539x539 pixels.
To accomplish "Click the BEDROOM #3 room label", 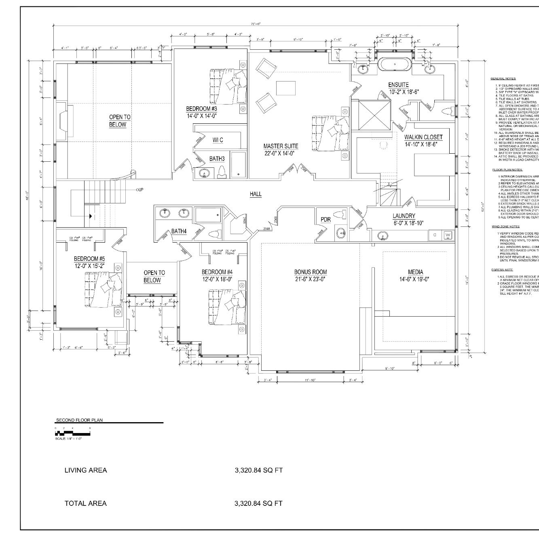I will [x=201, y=109].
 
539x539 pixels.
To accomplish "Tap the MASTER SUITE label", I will [x=281, y=146].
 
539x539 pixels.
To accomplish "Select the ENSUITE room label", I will [x=398, y=85].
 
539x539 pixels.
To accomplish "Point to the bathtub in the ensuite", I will [x=394, y=65].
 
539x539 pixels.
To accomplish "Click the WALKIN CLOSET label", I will [x=423, y=137].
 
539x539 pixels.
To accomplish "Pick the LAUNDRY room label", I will [x=404, y=216].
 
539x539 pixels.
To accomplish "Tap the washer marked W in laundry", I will [x=448, y=235].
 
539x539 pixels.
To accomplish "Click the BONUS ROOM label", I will [x=311, y=272].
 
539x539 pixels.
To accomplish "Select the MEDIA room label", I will [x=415, y=272].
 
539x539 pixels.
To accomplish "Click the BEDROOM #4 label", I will [x=217, y=272].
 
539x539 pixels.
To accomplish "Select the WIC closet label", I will [x=218, y=140].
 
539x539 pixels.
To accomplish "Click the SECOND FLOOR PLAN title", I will [x=79, y=420].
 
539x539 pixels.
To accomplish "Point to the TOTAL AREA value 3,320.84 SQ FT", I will [x=258, y=503].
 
